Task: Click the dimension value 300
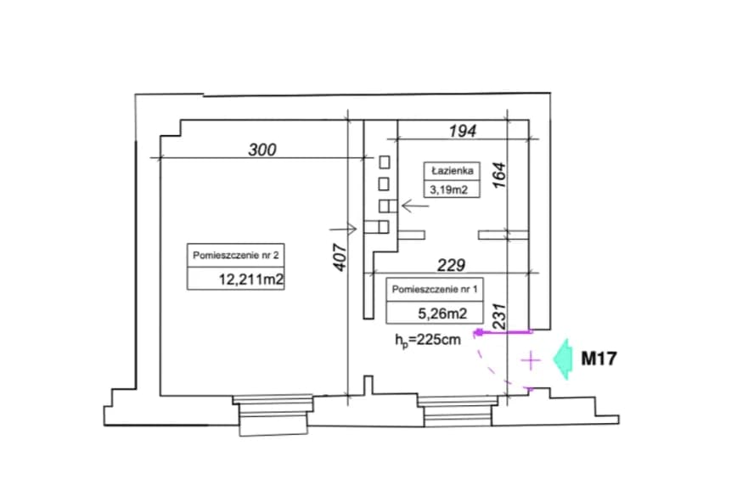pyautogui.click(x=262, y=150)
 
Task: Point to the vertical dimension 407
pyautogui.click(x=339, y=258)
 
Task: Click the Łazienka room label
pyautogui.click(x=451, y=170)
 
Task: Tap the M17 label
pyautogui.click(x=598, y=359)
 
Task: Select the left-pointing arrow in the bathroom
pyautogui.click(x=416, y=205)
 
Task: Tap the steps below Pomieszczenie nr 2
pyautogui.click(x=272, y=416)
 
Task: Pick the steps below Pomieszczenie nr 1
pyautogui.click(x=458, y=415)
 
